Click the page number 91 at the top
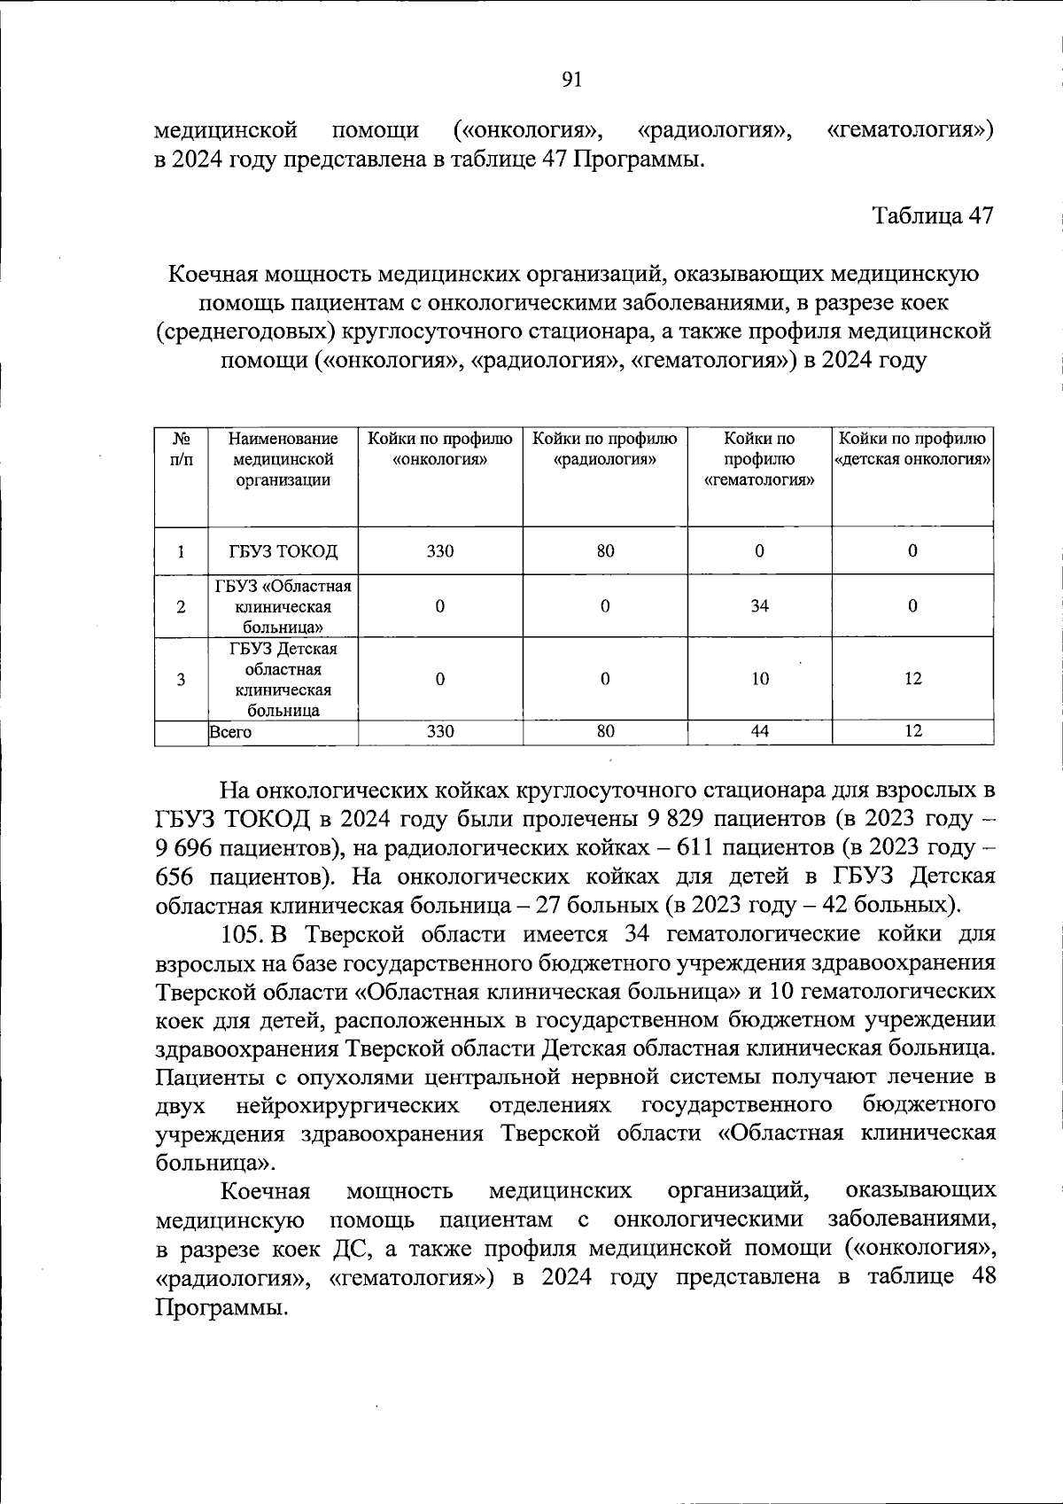coord(572,80)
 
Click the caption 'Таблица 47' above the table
coord(933,215)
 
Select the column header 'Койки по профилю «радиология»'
coord(605,449)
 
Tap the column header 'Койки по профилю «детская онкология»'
coord(912,449)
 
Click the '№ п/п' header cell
coord(181,449)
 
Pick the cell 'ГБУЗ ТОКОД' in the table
coord(283,551)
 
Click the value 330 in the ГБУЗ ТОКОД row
coord(440,551)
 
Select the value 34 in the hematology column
coord(759,606)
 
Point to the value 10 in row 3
coord(759,679)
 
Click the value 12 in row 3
coord(912,679)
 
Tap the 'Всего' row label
coord(230,732)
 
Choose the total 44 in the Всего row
coord(759,732)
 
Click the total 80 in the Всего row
coord(605,732)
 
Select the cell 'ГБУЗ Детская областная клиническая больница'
coord(283,679)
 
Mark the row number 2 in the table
coord(181,607)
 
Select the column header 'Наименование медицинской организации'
coord(283,459)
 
